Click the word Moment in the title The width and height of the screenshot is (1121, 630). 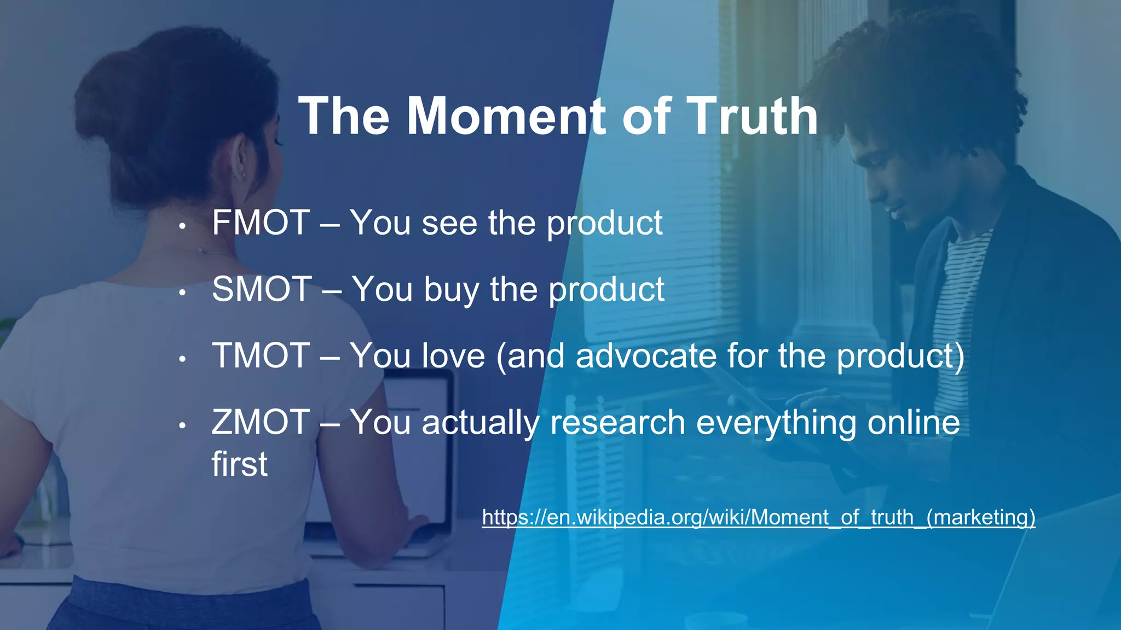(x=506, y=116)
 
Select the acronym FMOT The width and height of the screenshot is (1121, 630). (x=261, y=223)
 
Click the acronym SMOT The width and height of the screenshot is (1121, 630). (x=262, y=289)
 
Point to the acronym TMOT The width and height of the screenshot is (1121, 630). (x=261, y=355)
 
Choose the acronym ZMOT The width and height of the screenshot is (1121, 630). (x=261, y=422)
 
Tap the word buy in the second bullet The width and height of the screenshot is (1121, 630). (x=452, y=290)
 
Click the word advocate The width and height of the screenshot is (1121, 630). (x=646, y=356)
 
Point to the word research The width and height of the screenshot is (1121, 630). (x=617, y=423)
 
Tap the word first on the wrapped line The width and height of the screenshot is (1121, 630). (x=239, y=464)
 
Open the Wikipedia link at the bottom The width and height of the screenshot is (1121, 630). (x=758, y=517)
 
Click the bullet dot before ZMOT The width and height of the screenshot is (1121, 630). (x=183, y=425)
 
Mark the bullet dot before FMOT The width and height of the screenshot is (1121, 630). (x=183, y=225)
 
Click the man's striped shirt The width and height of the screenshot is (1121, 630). (x=963, y=306)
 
